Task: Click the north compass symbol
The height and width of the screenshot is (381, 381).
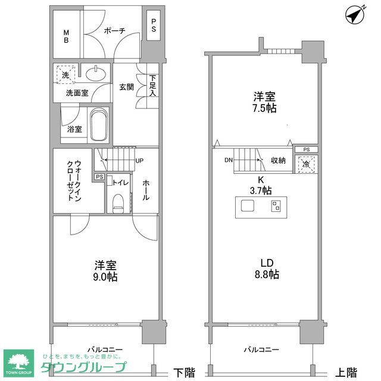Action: tap(355, 15)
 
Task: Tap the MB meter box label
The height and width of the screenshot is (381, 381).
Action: tap(67, 36)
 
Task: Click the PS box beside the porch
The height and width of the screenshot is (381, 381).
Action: tap(153, 28)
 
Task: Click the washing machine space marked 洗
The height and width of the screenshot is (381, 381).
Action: tap(63, 75)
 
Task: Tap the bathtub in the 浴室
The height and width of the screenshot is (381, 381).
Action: tap(97, 124)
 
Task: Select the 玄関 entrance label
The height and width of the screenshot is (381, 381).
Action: tap(126, 87)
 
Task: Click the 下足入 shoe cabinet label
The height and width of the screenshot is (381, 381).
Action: tap(153, 86)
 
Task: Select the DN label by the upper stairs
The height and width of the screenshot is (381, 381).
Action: tap(229, 160)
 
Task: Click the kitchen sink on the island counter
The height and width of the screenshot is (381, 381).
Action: tap(247, 206)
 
